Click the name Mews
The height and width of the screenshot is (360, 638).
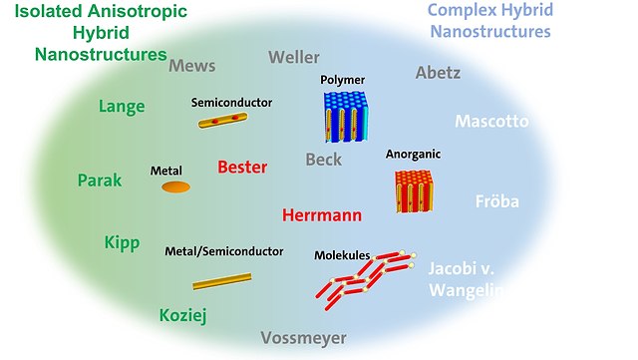(x=192, y=66)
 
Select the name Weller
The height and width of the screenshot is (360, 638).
(x=294, y=57)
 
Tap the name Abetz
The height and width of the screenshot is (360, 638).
(x=439, y=72)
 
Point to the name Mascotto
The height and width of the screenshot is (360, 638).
(x=491, y=122)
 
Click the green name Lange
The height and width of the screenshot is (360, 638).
(x=122, y=107)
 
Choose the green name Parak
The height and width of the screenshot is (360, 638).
(x=100, y=180)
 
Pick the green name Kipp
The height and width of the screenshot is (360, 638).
(x=122, y=243)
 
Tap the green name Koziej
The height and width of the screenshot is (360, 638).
(x=183, y=315)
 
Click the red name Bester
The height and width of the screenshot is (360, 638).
(x=243, y=167)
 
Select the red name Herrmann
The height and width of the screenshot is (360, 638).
(x=321, y=214)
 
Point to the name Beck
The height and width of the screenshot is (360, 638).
(x=323, y=160)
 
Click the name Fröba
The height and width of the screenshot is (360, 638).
(x=496, y=201)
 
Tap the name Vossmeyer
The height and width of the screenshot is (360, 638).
(x=304, y=338)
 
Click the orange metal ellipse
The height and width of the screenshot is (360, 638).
(x=175, y=186)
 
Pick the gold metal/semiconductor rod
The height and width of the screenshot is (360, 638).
(x=221, y=282)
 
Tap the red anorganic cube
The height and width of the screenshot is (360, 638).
(x=413, y=190)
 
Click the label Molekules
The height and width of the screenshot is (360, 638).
(x=342, y=255)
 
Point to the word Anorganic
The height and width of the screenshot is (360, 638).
(x=413, y=155)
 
